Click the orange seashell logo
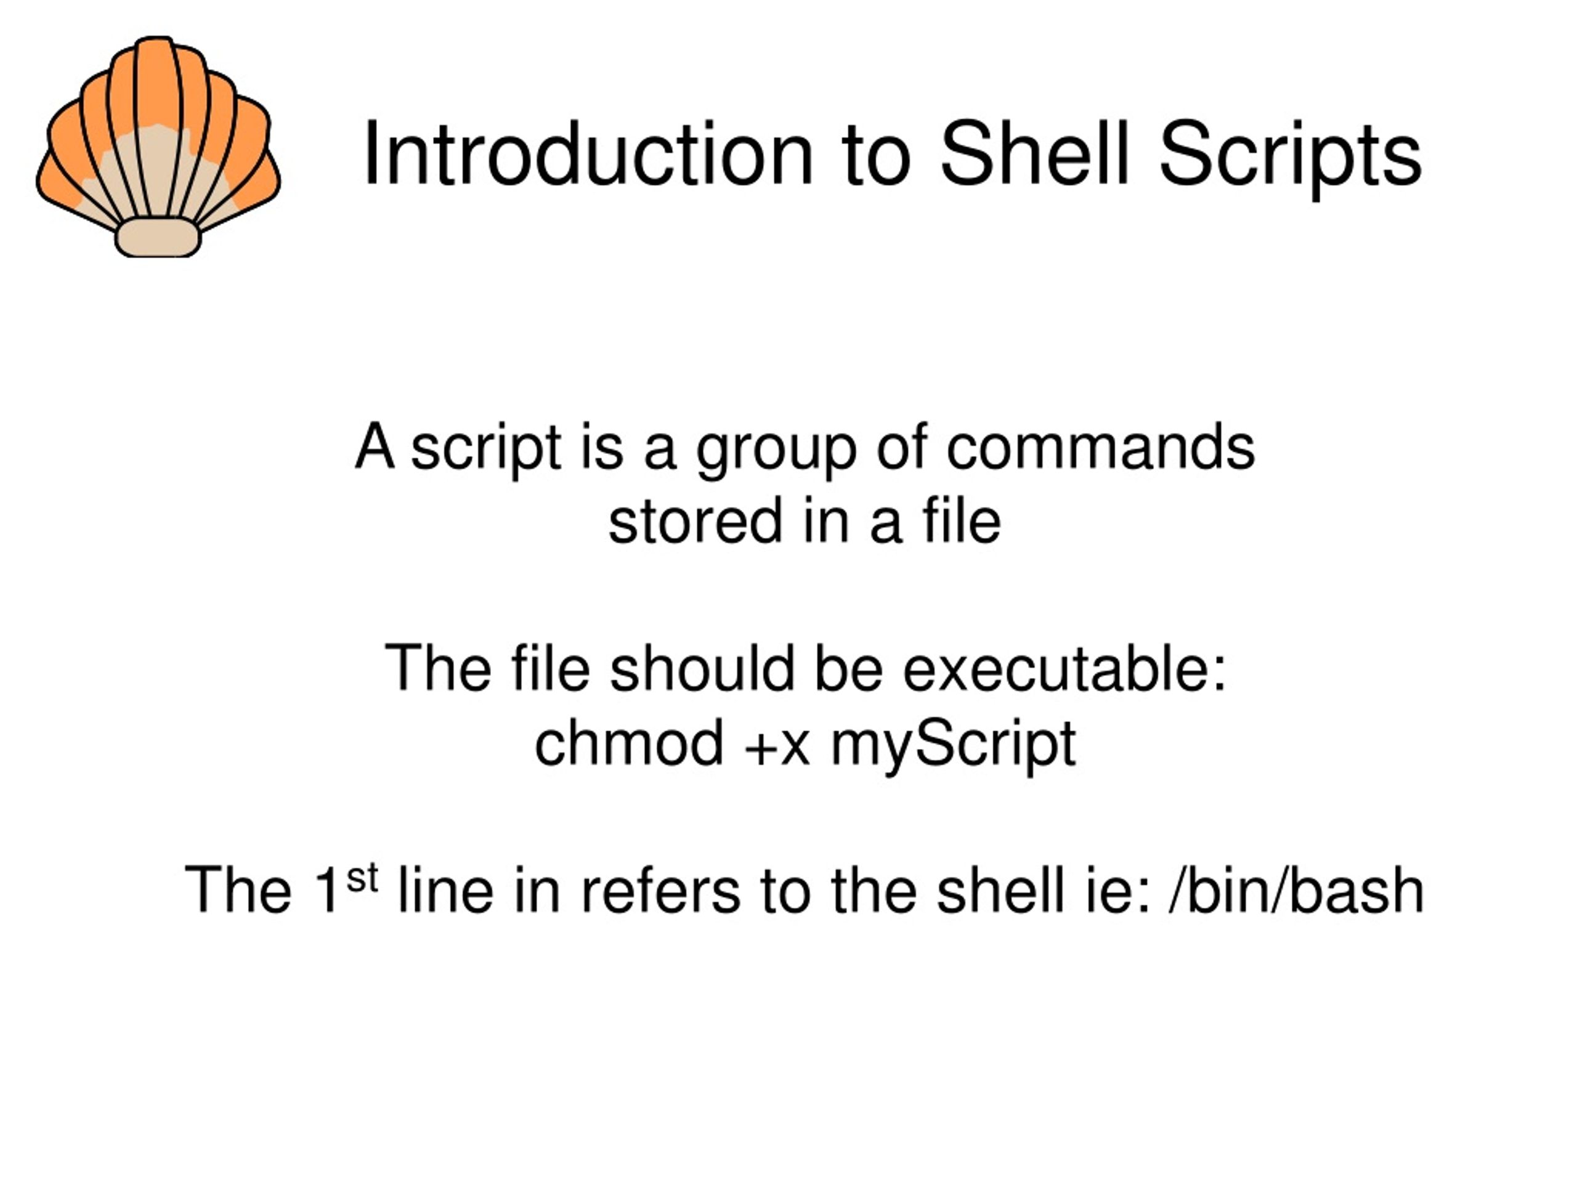tap(158, 146)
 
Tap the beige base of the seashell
tap(158, 237)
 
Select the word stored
tap(695, 520)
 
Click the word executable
tap(1065, 668)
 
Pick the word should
tap(702, 668)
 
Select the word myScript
tap(954, 747)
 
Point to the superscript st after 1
tap(362, 878)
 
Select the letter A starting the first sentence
tap(375, 447)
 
